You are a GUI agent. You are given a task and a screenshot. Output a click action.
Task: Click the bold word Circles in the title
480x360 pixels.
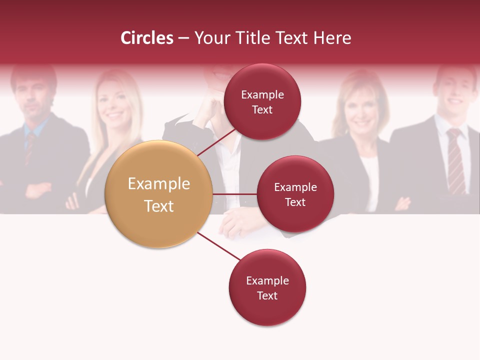(146, 38)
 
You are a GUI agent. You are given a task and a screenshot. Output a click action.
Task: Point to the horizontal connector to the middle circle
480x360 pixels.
(234, 194)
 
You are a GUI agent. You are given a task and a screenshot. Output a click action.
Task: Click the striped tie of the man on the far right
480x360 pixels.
(455, 160)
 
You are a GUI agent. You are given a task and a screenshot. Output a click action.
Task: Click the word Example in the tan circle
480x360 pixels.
(158, 184)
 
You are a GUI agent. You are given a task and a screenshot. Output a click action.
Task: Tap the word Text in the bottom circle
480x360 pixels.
(267, 295)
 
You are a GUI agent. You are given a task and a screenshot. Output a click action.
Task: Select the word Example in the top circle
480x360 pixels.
(262, 94)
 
